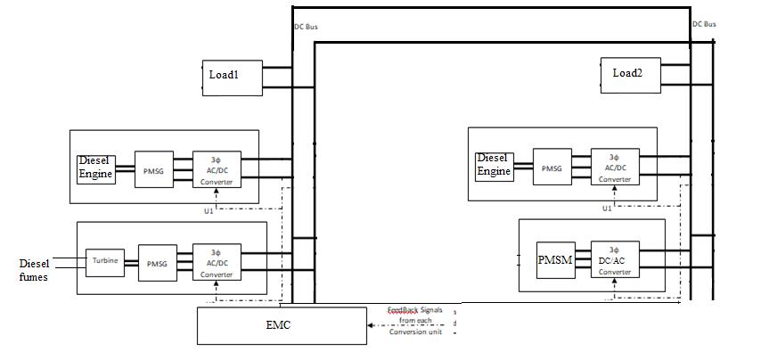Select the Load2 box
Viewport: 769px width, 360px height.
pyautogui.click(x=630, y=74)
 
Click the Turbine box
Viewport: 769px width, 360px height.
pyautogui.click(x=104, y=260)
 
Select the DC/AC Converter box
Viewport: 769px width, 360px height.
pyautogui.click(x=614, y=259)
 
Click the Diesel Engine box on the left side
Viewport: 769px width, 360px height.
pyautogui.click(x=96, y=168)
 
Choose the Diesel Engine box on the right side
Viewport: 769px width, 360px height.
pyautogui.click(x=495, y=165)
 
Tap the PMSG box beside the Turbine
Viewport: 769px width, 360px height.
pyautogui.click(x=158, y=262)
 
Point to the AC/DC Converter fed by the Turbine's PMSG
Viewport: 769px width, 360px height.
pyautogui.click(x=216, y=262)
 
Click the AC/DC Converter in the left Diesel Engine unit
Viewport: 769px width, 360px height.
pyautogui.click(x=216, y=169)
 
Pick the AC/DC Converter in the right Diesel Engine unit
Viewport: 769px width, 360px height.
pyautogui.click(x=614, y=166)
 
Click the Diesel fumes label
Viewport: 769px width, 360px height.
pyautogui.click(x=35, y=270)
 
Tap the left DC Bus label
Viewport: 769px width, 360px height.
pyautogui.click(x=306, y=27)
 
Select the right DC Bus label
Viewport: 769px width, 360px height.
pyautogui.click(x=704, y=24)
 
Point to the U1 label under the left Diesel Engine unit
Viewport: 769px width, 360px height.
pyautogui.click(x=209, y=210)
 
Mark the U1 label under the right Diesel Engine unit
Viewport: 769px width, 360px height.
pyautogui.click(x=607, y=208)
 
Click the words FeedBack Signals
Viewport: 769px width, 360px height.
pyautogui.click(x=414, y=309)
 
